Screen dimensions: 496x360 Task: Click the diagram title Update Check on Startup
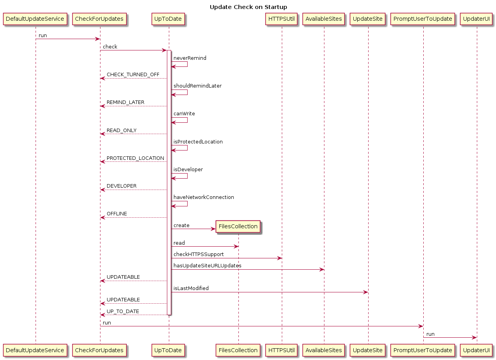(248, 7)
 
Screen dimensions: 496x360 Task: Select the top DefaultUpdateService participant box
(35, 19)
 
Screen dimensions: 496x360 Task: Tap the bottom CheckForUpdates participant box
(99, 350)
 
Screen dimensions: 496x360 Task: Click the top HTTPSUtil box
(281, 19)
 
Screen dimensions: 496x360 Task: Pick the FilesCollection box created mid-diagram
(238, 226)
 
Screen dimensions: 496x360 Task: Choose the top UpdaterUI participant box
(476, 19)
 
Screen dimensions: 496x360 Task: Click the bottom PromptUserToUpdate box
(423, 350)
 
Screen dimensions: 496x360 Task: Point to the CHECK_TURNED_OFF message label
(133, 75)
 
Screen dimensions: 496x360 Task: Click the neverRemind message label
(190, 58)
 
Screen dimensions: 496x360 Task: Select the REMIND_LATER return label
(125, 102)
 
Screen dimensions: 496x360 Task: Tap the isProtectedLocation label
(198, 142)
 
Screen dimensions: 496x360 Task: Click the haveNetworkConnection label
(204, 197)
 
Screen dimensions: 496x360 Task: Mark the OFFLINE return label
(117, 214)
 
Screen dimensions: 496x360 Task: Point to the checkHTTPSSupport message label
(199, 254)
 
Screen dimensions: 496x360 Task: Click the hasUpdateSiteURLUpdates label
(207, 265)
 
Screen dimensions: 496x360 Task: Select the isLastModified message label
(191, 288)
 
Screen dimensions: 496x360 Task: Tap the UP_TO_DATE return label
(123, 312)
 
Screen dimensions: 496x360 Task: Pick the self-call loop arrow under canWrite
(187, 120)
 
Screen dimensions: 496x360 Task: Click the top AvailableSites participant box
(324, 19)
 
